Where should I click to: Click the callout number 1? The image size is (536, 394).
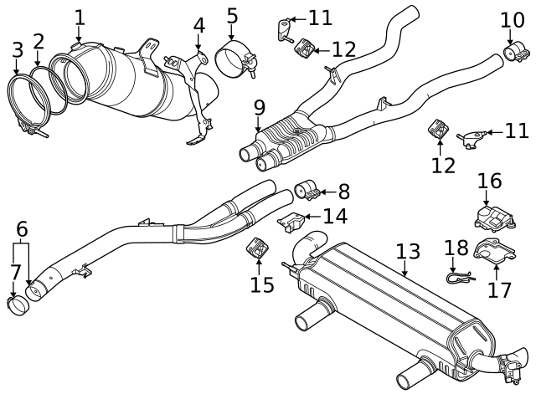[x=80, y=17]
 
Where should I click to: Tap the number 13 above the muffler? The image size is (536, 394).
[x=407, y=250]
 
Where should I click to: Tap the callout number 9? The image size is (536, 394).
[x=260, y=108]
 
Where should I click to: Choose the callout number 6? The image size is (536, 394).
[x=22, y=228]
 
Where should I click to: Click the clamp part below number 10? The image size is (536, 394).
[x=515, y=54]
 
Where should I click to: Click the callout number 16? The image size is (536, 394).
[x=489, y=181]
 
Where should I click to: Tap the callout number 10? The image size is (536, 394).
[x=513, y=19]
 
